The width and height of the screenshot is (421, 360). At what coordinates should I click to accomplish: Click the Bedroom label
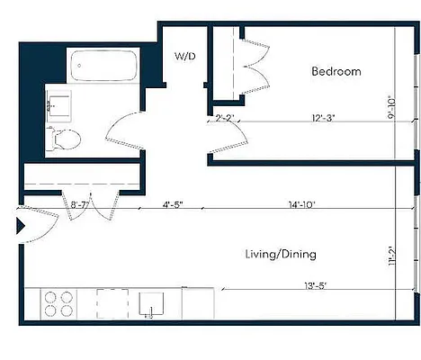point(336,71)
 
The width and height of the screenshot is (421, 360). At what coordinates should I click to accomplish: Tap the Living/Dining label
point(281,255)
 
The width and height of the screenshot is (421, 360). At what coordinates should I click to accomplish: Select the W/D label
point(185,56)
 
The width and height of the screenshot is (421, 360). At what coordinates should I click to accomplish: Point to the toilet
point(64,139)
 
